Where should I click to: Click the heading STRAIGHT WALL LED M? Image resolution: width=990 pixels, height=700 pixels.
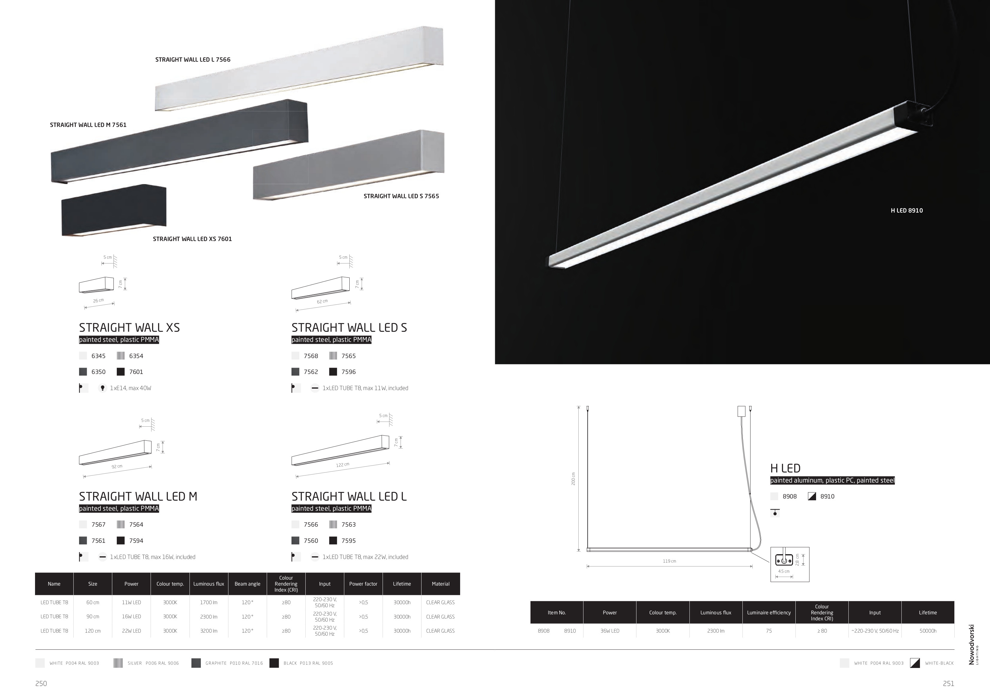point(138,496)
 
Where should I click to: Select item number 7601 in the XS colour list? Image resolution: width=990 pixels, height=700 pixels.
point(136,372)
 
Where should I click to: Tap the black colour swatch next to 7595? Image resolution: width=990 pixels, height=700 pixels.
point(333,540)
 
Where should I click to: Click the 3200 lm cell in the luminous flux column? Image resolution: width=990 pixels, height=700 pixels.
point(209,631)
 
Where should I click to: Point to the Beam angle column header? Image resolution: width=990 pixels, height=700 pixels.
point(248,584)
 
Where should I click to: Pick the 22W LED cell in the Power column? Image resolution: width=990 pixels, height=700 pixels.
point(131,631)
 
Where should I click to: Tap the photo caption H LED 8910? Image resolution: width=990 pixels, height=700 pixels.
point(907,210)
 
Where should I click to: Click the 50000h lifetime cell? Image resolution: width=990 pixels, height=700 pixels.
point(928,631)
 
